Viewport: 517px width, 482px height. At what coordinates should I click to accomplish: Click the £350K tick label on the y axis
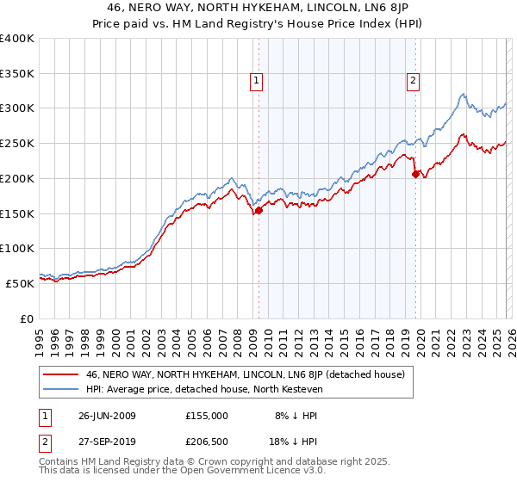(x=17, y=74)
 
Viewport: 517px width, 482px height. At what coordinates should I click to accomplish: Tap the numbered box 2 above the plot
(x=414, y=82)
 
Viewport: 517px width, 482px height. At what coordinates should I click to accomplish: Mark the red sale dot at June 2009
(x=258, y=210)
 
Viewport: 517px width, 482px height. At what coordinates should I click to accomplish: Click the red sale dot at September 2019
(x=415, y=174)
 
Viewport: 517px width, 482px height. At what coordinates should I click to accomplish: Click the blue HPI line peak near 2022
(x=463, y=94)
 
